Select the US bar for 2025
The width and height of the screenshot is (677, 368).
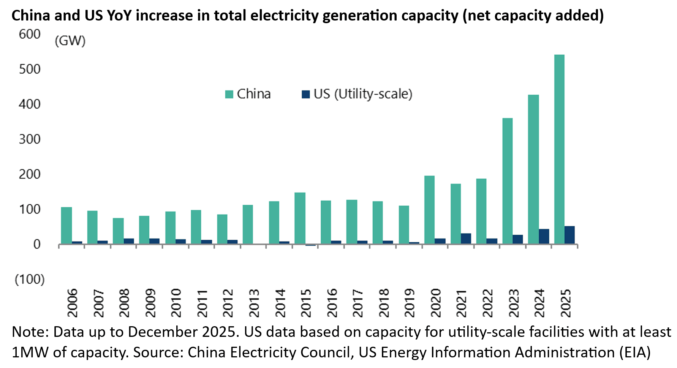569,235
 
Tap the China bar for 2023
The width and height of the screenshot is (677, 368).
507,181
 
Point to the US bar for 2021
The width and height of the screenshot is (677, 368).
466,238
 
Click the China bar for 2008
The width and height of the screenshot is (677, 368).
118,231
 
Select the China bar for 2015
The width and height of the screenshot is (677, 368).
300,218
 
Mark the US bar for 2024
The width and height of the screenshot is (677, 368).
544,236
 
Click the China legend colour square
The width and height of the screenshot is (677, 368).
229,94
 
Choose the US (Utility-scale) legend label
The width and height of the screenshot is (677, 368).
363,94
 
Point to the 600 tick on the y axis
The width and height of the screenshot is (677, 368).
30,34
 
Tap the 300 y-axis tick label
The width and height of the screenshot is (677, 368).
30,139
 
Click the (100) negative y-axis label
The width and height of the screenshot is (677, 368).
30,280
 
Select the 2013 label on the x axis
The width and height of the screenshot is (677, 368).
254,303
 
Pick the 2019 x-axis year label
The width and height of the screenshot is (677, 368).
409,303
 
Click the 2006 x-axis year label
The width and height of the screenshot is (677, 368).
72,303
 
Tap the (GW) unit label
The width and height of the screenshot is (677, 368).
70,41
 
